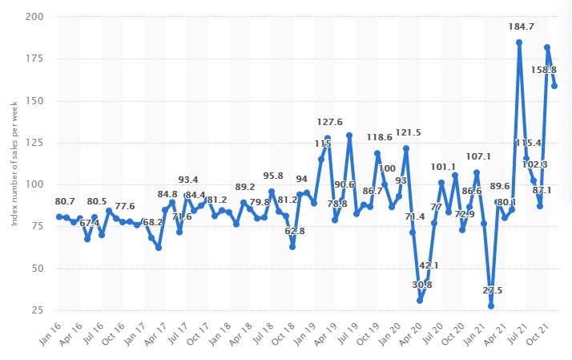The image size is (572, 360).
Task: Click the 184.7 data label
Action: (x=519, y=27)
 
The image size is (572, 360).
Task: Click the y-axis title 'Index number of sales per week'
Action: (x=14, y=164)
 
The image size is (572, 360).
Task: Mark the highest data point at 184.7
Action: (x=519, y=42)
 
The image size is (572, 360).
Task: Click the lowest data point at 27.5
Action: (x=491, y=305)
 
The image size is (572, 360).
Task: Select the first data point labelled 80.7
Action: (x=58, y=216)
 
